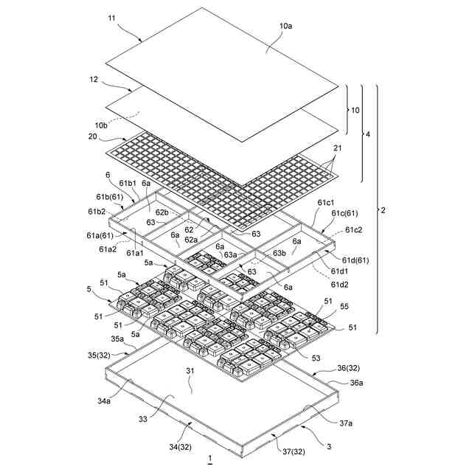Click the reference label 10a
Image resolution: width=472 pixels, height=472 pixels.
(x=285, y=27)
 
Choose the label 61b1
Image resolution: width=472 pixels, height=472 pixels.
(x=129, y=182)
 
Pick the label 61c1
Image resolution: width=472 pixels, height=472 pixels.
(x=324, y=202)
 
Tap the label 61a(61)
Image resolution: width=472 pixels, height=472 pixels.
(x=97, y=236)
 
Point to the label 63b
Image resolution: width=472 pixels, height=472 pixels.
(x=280, y=253)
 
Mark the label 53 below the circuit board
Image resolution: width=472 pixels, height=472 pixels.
(x=315, y=358)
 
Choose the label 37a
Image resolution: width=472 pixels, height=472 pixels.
(x=345, y=424)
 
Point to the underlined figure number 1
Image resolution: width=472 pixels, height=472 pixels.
(x=210, y=459)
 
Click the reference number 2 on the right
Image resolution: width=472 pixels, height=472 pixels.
(x=382, y=211)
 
